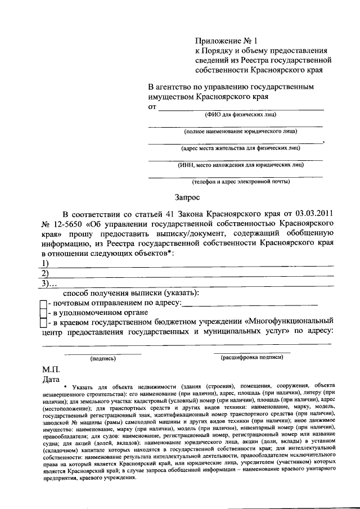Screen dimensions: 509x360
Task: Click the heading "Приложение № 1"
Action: pos(225,41)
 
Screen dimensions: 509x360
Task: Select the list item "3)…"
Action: pos(49,283)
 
